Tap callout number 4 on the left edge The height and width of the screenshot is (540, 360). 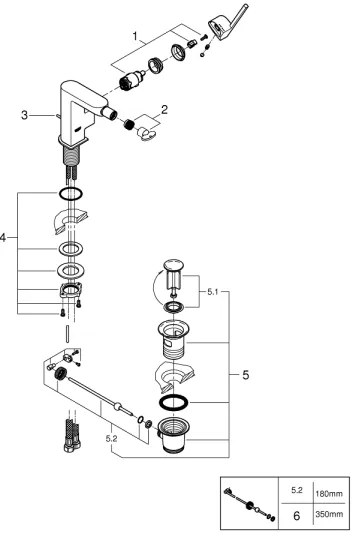[4, 238]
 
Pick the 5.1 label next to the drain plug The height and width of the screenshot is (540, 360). [213, 293]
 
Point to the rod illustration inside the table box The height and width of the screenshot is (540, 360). [254, 504]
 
